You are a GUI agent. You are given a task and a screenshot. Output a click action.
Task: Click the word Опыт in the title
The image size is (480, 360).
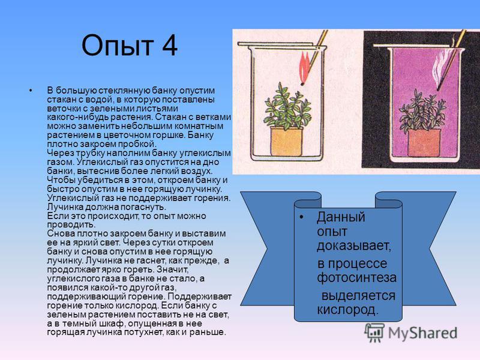[117, 46]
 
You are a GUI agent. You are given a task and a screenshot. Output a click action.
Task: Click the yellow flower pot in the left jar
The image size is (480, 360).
[286, 141]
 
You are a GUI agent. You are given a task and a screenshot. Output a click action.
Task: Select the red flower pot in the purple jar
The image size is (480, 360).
[424, 143]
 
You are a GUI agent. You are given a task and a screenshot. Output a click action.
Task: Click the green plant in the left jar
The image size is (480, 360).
[286, 106]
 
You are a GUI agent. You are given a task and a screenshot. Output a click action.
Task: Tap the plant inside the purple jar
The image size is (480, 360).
[422, 110]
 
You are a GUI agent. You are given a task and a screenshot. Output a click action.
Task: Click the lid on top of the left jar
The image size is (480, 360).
[276, 44]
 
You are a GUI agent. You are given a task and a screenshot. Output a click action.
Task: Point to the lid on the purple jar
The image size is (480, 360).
[413, 46]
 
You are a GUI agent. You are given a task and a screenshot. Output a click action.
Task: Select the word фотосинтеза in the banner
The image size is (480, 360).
[356, 278]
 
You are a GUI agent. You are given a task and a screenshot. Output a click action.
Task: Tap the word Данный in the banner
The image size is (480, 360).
[341, 217]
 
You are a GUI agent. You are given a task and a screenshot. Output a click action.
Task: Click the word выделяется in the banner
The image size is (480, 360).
[358, 296]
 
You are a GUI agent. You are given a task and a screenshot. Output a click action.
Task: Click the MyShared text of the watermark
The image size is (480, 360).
[423, 333]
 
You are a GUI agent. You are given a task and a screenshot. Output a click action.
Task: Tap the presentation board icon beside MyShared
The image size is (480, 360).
[374, 332]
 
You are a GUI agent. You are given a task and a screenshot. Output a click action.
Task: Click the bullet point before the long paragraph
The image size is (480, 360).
[31, 91]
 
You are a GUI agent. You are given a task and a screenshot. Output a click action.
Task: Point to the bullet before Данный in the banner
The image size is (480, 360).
[302, 217]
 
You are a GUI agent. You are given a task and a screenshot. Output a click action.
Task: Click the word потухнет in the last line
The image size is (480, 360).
[143, 332]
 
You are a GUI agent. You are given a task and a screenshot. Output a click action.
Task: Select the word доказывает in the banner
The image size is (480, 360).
[354, 246]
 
